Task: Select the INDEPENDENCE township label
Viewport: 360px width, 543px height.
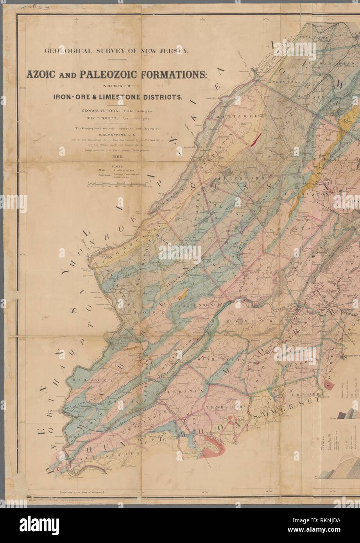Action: (x=198, y=304)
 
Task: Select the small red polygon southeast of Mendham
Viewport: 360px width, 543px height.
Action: (x=328, y=381)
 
